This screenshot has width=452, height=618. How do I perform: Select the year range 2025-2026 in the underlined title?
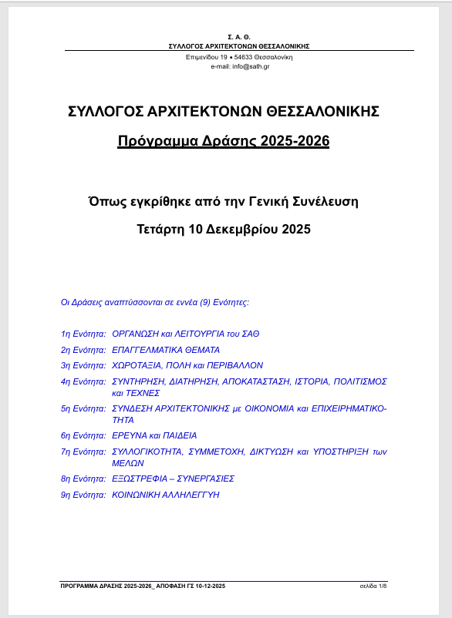point(295,141)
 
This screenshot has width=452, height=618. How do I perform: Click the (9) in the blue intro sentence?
point(205,301)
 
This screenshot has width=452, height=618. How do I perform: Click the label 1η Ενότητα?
point(83,334)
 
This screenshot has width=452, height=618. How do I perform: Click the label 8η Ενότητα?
point(83,479)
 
